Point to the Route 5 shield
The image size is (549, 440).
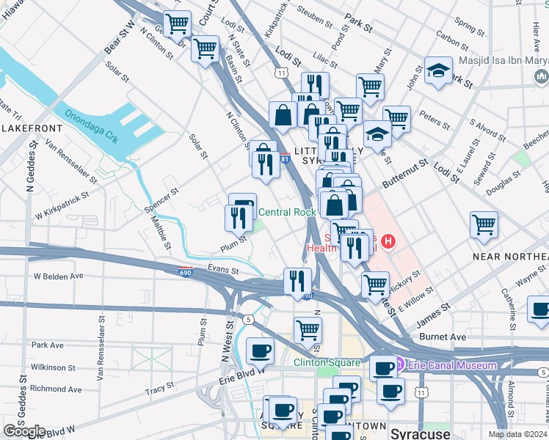249,319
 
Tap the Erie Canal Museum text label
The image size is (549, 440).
452,365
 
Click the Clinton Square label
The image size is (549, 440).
327,362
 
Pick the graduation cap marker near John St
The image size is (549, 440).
438,71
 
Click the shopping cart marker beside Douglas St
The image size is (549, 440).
484,224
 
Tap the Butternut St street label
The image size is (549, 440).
403,175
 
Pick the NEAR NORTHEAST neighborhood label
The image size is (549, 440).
510,256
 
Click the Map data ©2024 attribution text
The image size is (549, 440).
517,434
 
